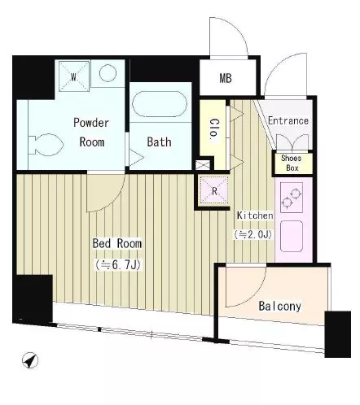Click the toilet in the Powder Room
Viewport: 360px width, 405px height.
point(46,145)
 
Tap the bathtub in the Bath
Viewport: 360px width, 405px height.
point(160,104)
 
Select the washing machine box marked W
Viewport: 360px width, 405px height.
point(74,76)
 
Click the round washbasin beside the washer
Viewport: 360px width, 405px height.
point(108,73)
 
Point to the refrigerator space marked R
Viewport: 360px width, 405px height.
point(214,190)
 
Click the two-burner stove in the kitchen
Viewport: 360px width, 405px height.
point(292,198)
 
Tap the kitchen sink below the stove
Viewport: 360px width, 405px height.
point(292,236)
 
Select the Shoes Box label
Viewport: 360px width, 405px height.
point(292,163)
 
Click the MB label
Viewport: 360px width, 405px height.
point(226,78)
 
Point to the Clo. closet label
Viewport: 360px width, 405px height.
point(214,130)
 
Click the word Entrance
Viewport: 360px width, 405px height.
point(288,120)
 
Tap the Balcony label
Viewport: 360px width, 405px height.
point(280,306)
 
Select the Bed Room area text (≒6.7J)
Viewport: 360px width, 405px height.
point(118,265)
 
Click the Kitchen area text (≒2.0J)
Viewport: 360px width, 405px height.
point(253,234)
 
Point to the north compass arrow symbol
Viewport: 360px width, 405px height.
point(30,360)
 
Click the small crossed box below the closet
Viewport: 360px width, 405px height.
point(203,165)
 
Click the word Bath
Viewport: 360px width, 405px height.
point(159,142)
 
